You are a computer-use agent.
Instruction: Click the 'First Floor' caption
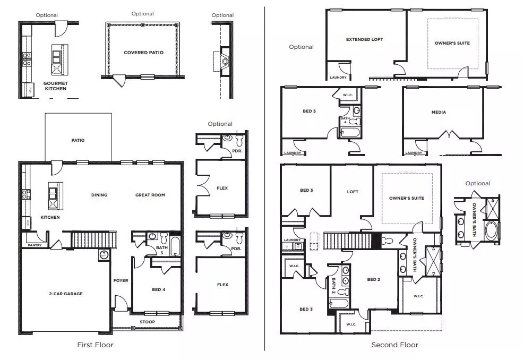[96, 345]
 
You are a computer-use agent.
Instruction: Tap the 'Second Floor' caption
[394, 345]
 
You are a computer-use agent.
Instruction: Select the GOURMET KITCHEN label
[55, 86]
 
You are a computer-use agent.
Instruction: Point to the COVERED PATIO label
[143, 53]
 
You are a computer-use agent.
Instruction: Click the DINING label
[99, 195]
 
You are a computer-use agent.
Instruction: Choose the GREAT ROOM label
[150, 195]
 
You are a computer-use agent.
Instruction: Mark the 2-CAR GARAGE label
[66, 294]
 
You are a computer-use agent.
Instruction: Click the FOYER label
[121, 280]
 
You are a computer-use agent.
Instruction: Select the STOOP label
[148, 322]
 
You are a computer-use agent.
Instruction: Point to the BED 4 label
[158, 289]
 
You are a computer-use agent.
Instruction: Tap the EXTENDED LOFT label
[364, 39]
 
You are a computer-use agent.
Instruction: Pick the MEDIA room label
[439, 112]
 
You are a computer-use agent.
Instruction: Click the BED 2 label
[373, 279]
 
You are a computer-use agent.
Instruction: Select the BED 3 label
[306, 309]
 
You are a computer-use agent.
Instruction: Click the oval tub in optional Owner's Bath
[492, 231]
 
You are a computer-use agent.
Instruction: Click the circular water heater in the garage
[103, 255]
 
